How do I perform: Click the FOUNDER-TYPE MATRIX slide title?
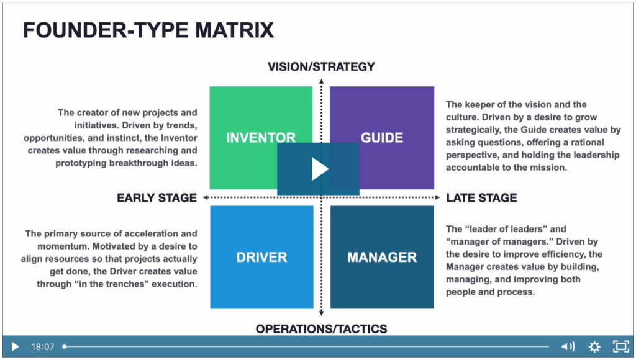pyautogui.click(x=148, y=30)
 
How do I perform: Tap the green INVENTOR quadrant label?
pyautogui.click(x=261, y=138)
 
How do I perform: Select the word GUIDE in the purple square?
pyautogui.click(x=382, y=138)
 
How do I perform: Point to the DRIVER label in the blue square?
pyautogui.click(x=261, y=258)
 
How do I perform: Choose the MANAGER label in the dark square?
pyautogui.click(x=382, y=258)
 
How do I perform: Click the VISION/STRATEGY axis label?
pyautogui.click(x=321, y=66)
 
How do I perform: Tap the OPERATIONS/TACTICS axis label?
pyautogui.click(x=321, y=329)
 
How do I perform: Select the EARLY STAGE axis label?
pyautogui.click(x=157, y=198)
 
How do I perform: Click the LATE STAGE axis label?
pyautogui.click(x=481, y=198)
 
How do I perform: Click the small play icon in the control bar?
pyautogui.click(x=15, y=347)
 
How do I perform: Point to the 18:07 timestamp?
pyautogui.click(x=43, y=347)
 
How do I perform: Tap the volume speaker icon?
pyautogui.click(x=568, y=346)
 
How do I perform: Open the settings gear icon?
pyautogui.click(x=594, y=346)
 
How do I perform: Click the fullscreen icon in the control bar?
pyautogui.click(x=620, y=346)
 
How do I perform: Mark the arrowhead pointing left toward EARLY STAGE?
pyautogui.click(x=206, y=197)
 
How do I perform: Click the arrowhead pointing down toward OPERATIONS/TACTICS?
pyautogui.click(x=321, y=313)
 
